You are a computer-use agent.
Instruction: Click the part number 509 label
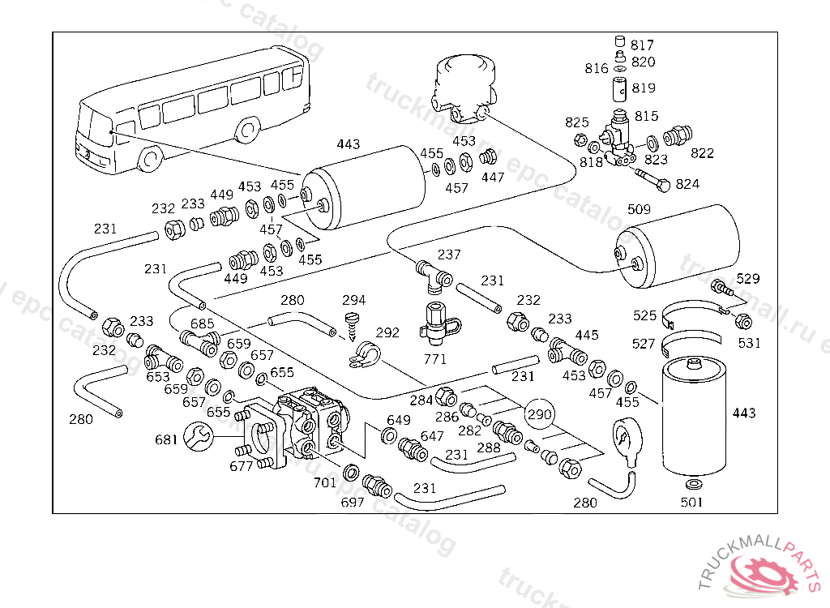(x=639, y=210)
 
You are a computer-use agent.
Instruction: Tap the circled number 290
(x=540, y=414)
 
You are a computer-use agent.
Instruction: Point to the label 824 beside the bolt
(x=687, y=184)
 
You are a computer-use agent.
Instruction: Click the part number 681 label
(x=166, y=440)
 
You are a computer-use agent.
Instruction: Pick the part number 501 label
(x=692, y=502)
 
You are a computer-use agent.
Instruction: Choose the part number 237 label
(x=449, y=255)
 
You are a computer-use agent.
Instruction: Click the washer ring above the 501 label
(x=694, y=484)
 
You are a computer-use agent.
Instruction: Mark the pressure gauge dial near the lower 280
(x=626, y=439)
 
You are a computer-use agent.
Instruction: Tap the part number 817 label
(x=642, y=45)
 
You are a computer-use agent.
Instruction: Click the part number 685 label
(x=202, y=324)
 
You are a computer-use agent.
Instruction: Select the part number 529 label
(x=748, y=279)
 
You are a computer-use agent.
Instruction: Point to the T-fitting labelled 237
(x=430, y=273)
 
